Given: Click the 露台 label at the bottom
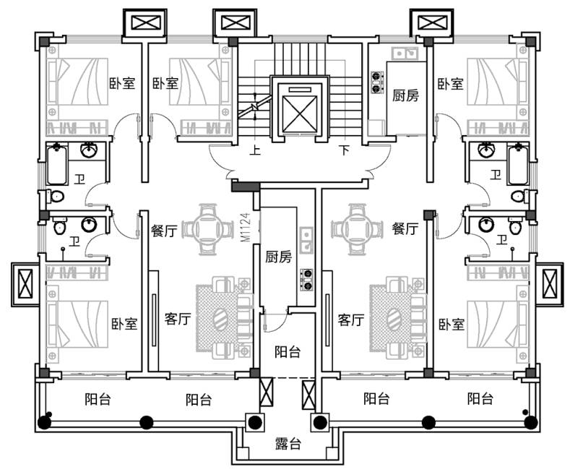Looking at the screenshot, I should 288,443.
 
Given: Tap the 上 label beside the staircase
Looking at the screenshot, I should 255,151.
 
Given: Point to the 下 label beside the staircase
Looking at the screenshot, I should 345,151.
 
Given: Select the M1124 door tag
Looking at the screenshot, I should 245,226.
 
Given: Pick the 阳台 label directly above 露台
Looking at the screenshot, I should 288,352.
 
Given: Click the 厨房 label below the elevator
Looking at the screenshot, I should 278,257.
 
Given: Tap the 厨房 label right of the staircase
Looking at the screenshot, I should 405,95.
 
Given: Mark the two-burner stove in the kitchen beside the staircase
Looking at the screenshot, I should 377,82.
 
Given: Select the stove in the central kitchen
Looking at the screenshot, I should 306,279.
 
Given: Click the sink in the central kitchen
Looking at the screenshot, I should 306,239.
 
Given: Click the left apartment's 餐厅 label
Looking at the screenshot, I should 164,231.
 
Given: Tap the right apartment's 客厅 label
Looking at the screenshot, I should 351,319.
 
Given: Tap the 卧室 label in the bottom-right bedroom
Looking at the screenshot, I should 451,323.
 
